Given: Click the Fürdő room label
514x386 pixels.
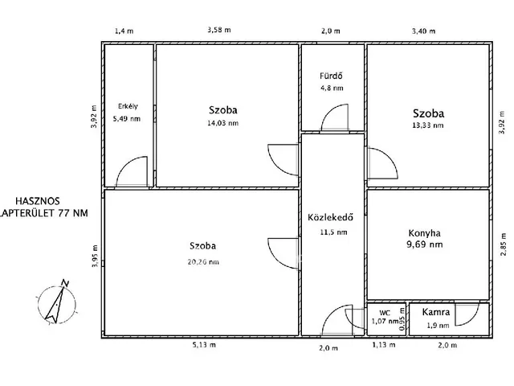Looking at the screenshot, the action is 331,76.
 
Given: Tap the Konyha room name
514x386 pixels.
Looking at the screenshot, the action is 425,233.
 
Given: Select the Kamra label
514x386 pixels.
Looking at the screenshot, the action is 435,312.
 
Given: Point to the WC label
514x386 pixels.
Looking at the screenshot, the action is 385,313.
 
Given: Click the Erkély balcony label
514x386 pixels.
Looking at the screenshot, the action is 128,106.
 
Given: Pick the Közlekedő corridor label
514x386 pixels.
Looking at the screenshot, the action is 330,217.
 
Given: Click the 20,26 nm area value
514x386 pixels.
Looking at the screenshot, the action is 203,262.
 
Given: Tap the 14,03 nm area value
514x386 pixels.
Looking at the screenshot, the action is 223,123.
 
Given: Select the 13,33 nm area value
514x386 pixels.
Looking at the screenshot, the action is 428,125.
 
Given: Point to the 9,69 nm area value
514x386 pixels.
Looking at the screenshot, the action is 425,244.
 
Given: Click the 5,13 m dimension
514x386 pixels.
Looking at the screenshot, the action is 204,345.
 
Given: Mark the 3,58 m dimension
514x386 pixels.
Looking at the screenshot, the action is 219,30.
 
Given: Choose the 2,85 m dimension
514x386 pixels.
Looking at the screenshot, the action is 504,244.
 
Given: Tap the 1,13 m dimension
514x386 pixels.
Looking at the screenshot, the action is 384,345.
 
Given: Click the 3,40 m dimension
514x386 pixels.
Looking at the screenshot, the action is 423,31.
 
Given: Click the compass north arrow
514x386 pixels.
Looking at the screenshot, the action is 55,304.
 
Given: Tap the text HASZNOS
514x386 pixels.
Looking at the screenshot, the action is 38,201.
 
